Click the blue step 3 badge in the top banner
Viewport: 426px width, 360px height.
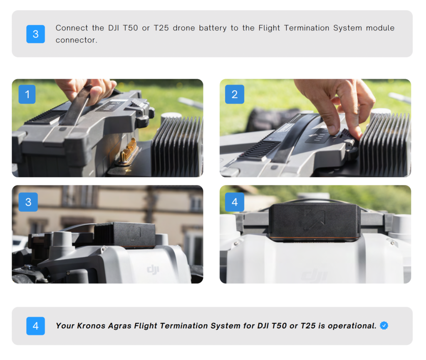click(36, 34)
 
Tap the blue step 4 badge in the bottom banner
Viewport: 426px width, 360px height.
click(36, 326)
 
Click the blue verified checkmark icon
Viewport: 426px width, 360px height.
click(384, 325)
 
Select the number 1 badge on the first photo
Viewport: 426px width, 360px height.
click(27, 94)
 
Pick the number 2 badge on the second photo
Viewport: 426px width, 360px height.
click(235, 94)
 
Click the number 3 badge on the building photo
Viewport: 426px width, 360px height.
click(28, 202)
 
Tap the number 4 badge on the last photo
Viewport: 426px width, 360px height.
click(235, 202)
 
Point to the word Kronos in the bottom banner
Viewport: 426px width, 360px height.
click(91, 325)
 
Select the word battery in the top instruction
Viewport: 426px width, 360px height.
click(213, 28)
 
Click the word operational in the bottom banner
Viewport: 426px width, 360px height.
click(352, 326)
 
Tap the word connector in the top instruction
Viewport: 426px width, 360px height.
click(76, 40)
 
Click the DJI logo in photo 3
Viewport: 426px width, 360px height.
click(153, 270)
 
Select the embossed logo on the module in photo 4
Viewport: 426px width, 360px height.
click(315, 219)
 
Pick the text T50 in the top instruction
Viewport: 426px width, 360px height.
click(130, 28)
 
